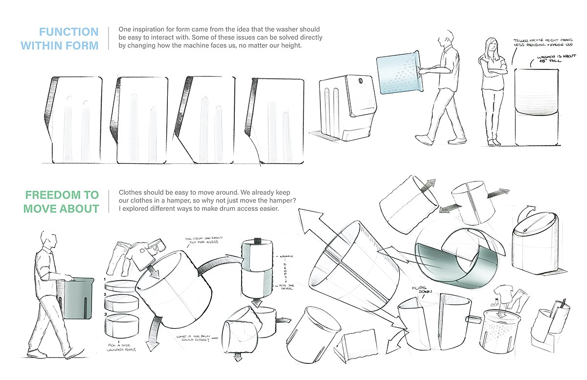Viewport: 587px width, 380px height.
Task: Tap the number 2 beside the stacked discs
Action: [106, 294]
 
